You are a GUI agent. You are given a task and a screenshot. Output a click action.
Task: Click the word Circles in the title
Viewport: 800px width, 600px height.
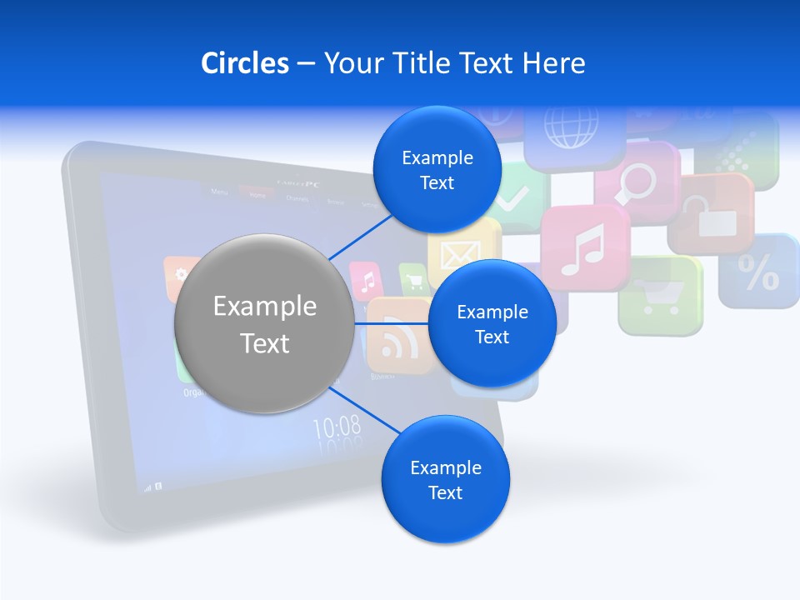244,63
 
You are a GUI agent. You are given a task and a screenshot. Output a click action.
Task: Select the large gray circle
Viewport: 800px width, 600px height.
264,324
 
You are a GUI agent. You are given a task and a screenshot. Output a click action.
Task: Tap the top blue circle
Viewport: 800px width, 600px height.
437,170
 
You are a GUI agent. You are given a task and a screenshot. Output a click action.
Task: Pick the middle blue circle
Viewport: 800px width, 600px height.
492,324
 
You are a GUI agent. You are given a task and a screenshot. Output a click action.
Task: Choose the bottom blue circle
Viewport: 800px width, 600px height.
445,480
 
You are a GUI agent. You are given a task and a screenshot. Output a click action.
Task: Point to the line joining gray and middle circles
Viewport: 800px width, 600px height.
391,323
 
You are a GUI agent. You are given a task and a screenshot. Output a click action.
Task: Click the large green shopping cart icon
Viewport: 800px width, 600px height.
659,295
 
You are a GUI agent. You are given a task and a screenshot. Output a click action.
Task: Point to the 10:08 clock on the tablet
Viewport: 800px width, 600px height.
337,427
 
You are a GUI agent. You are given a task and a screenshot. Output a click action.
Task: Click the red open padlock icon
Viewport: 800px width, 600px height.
710,214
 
